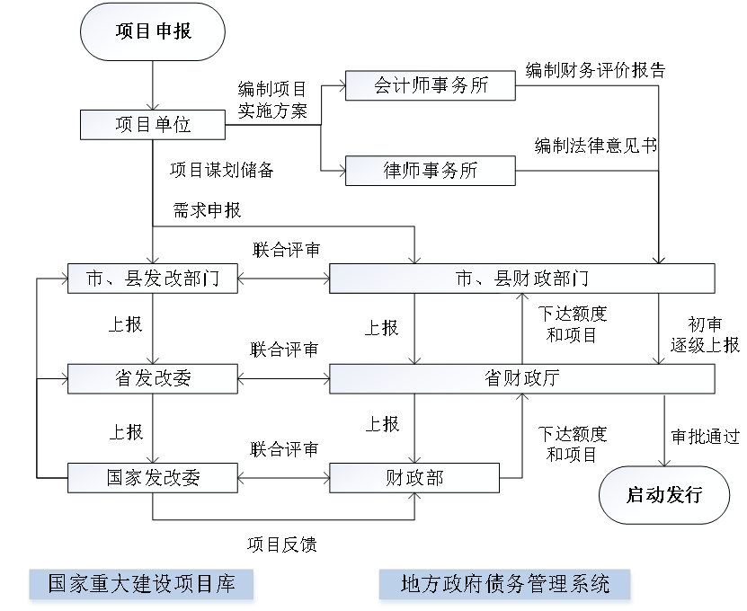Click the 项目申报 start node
[154, 32]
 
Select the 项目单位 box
[153, 125]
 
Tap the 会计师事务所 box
[431, 85]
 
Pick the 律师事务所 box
[431, 170]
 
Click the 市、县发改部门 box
[153, 279]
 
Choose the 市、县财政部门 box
[521, 279]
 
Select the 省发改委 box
[153, 379]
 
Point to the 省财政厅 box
[521, 379]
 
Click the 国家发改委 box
[153, 478]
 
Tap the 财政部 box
[414, 478]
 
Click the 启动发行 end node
[664, 494]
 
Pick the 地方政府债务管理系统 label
[504, 584]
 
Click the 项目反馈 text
[281, 545]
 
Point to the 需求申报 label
[207, 210]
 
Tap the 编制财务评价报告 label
[595, 69]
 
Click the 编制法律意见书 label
[595, 146]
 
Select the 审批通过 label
[706, 438]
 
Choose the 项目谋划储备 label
[221, 170]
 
